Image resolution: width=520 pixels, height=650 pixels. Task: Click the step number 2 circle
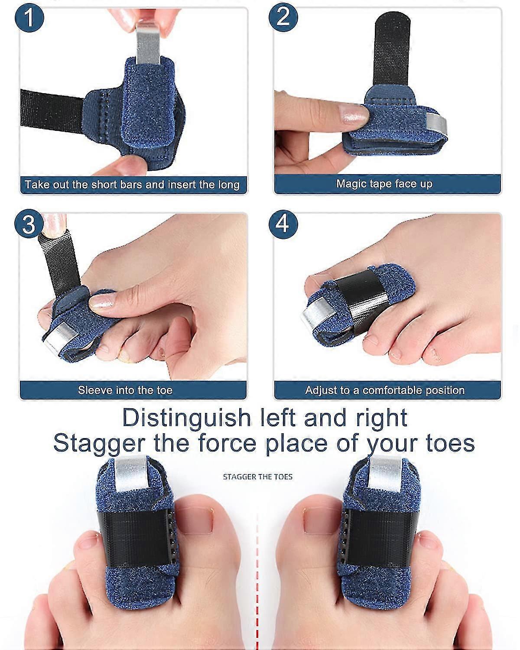point(283,17)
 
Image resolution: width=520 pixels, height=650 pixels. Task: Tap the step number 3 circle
point(28,224)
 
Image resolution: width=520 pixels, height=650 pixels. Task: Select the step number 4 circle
point(283,224)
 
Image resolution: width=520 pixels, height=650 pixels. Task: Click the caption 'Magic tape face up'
point(384,184)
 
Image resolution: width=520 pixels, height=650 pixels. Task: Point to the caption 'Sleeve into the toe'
point(125,390)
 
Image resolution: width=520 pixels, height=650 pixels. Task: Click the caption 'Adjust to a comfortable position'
point(384,390)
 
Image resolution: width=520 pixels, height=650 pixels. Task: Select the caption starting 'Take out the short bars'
point(132,185)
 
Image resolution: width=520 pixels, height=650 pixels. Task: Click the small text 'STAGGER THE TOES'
point(257,477)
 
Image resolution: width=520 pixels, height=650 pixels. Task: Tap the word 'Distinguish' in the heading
point(186,418)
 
